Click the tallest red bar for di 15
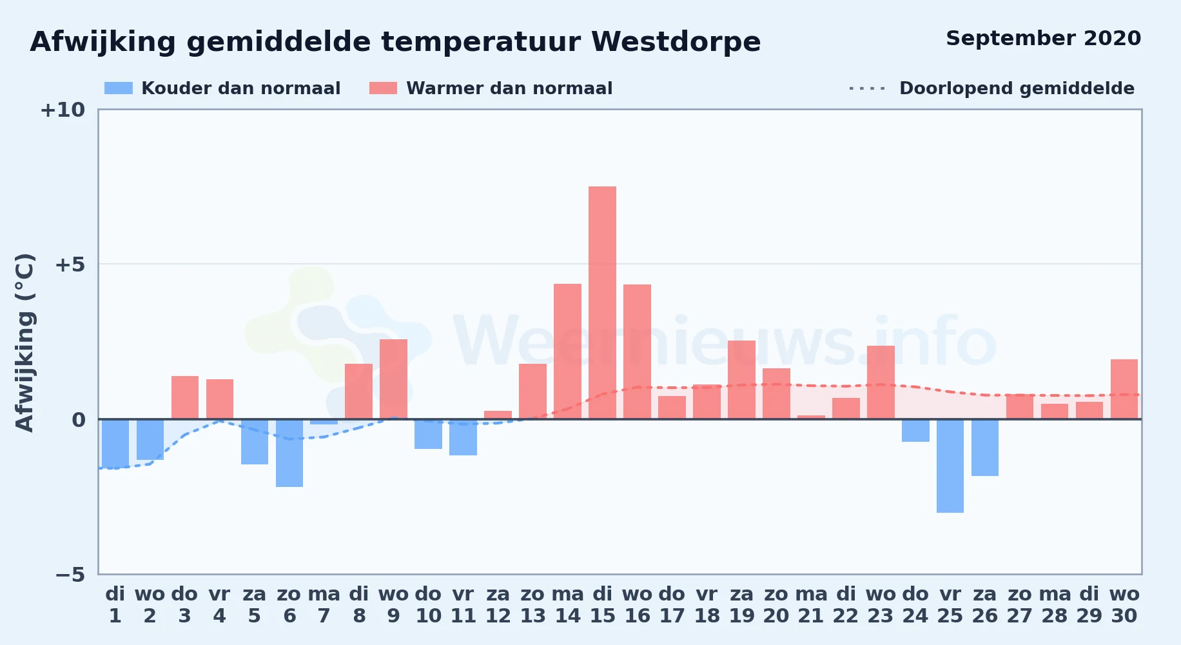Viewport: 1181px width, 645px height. click(602, 303)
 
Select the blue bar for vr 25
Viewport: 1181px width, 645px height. click(950, 466)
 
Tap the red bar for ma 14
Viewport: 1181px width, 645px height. click(567, 352)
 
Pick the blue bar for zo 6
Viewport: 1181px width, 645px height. click(289, 453)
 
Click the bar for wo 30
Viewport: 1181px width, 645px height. click(1124, 389)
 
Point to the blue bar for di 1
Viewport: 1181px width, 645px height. click(115, 444)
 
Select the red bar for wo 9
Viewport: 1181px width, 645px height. click(393, 379)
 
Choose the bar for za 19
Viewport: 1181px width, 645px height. click(741, 380)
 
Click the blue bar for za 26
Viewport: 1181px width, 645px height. click(985, 448)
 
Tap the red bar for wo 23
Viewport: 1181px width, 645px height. click(881, 382)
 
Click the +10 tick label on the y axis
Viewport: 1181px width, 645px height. click(63, 110)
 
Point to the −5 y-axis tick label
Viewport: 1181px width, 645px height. click(70, 574)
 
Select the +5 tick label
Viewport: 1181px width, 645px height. click(70, 264)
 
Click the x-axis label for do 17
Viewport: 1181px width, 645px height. click(672, 605)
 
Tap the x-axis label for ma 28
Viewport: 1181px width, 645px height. click(1055, 605)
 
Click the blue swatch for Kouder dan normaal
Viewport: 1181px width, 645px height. click(119, 88)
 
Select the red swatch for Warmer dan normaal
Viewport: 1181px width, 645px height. click(384, 88)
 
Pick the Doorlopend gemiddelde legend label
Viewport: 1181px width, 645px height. click(1017, 88)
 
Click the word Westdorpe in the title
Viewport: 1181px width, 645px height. click(676, 42)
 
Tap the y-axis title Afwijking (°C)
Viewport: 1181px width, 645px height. click(24, 342)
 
